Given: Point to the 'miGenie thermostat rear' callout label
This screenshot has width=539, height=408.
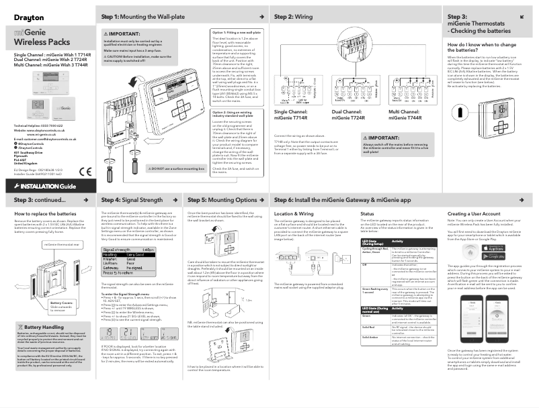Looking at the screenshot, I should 62,245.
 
